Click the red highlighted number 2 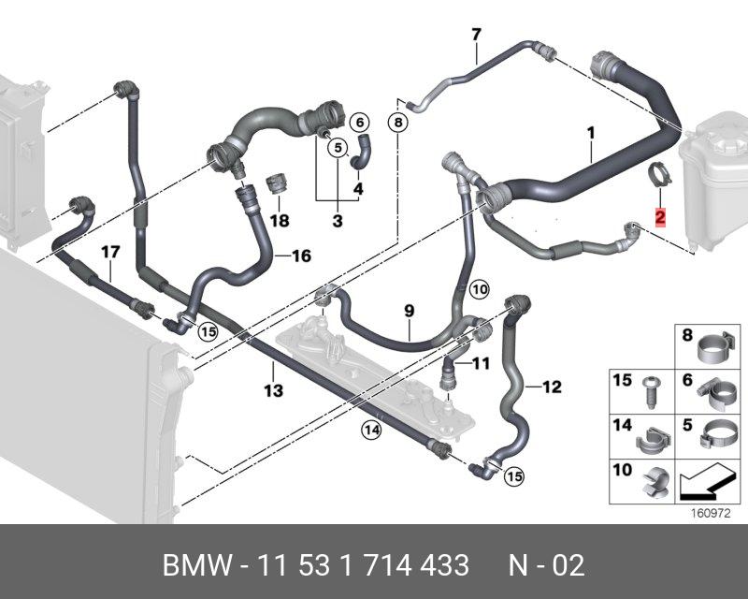[660, 217]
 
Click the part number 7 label [476, 36]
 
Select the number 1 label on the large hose [591, 133]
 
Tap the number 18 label [280, 221]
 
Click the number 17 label [110, 251]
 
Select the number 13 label [273, 391]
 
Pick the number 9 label [409, 310]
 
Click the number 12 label [552, 386]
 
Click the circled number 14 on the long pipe [372, 431]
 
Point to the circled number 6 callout [359, 122]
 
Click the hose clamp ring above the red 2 [659, 175]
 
